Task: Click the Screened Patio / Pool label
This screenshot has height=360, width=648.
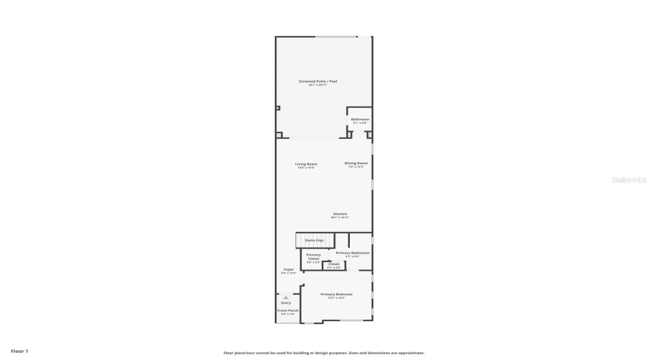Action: tap(318, 81)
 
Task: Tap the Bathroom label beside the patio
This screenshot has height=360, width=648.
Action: tap(360, 119)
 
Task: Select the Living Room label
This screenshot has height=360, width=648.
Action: tap(306, 163)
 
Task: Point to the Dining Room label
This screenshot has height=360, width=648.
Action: tap(356, 163)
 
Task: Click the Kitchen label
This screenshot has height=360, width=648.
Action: tap(340, 214)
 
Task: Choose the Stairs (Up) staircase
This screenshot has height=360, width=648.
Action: tap(314, 240)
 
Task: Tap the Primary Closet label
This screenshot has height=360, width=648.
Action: tap(314, 256)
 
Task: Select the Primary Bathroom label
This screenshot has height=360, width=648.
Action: tap(353, 253)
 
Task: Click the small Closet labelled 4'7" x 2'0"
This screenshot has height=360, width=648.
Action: tap(333, 264)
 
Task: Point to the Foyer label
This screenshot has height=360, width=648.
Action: tap(288, 270)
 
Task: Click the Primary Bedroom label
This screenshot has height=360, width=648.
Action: tap(336, 294)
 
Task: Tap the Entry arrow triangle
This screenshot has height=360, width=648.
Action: tap(286, 297)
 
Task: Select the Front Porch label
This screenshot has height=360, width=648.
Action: tap(288, 310)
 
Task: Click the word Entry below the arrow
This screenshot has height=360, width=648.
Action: tap(286, 302)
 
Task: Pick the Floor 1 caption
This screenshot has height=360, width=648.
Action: tap(19, 351)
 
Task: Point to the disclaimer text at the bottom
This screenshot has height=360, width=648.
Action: tap(324, 353)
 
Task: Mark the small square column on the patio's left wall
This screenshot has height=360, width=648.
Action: tap(278, 108)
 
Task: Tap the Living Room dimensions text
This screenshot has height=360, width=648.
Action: tap(306, 168)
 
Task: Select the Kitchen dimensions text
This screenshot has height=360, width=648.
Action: tap(340, 217)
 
